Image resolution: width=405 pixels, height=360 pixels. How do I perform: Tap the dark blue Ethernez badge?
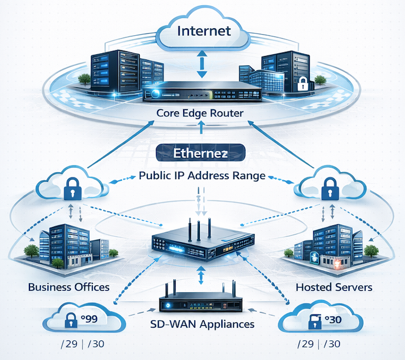tap(202, 154)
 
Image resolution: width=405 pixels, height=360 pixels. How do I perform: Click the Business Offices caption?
tap(69, 287)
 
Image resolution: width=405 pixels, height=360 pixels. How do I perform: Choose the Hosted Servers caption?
tap(333, 287)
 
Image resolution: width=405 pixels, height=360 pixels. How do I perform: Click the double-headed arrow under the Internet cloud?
tap(202, 63)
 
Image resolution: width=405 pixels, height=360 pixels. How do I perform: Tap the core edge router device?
tap(202, 91)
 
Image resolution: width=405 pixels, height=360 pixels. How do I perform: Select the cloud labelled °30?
tap(321, 320)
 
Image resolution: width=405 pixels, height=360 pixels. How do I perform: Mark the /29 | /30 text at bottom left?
tap(82, 346)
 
